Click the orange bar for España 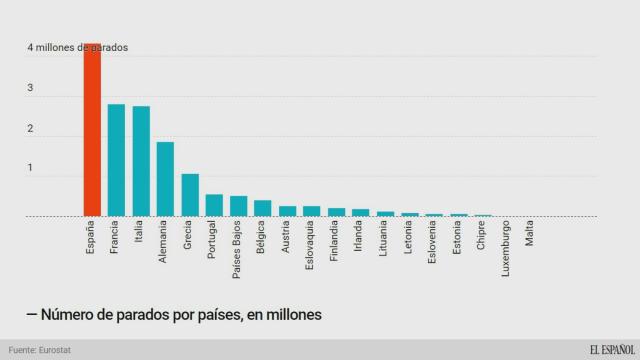click(x=91, y=130)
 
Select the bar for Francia click(x=116, y=160)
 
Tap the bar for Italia click(x=141, y=161)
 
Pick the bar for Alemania click(x=165, y=179)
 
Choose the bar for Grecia click(x=189, y=195)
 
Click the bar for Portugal click(x=214, y=205)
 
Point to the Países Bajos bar click(x=238, y=206)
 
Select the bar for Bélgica click(x=262, y=208)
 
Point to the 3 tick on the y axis click(x=31, y=89)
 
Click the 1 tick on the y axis click(x=31, y=169)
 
